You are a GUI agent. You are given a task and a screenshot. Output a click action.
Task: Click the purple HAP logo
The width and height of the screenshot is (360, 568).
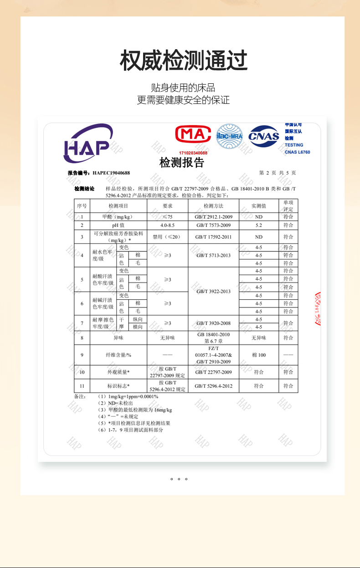coord(87,143)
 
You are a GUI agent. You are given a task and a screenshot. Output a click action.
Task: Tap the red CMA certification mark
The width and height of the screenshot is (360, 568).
coord(193,135)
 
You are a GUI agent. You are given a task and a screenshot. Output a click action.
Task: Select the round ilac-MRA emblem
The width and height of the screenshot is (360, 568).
coord(229,136)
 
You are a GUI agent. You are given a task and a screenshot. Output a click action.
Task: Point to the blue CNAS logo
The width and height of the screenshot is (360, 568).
coord(263,136)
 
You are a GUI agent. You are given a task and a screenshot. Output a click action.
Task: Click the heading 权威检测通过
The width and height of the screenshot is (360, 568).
coord(183,61)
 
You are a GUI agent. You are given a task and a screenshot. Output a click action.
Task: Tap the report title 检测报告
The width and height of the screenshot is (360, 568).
coord(181,163)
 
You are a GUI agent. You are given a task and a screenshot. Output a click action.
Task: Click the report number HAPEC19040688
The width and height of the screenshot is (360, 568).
coord(111,173)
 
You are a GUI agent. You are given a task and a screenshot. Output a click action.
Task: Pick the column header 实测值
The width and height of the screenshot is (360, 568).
coord(258,206)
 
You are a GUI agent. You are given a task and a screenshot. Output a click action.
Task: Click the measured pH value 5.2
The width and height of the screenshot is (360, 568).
coord(258,225)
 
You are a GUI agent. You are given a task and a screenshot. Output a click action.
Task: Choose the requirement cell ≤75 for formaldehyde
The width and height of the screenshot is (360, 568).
coord(167,217)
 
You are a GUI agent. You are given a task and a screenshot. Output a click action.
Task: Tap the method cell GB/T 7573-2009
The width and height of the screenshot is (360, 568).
coord(213,225)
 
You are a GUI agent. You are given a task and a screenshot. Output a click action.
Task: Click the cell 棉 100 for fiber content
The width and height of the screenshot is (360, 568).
coord(258,355)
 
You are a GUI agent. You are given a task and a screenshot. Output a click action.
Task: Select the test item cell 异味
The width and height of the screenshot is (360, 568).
coord(118,338)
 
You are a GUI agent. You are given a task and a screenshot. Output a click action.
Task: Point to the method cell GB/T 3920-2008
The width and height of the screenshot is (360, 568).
coord(213,323)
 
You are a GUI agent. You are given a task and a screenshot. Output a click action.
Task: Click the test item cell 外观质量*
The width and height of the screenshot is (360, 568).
coord(118,372)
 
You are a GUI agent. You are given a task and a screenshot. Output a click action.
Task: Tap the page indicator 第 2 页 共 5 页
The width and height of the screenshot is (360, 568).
coord(277,173)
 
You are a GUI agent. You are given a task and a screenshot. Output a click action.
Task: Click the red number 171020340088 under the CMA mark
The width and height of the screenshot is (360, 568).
coord(193,153)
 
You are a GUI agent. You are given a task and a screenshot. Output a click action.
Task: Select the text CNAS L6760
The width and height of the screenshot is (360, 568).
coord(297,152)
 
